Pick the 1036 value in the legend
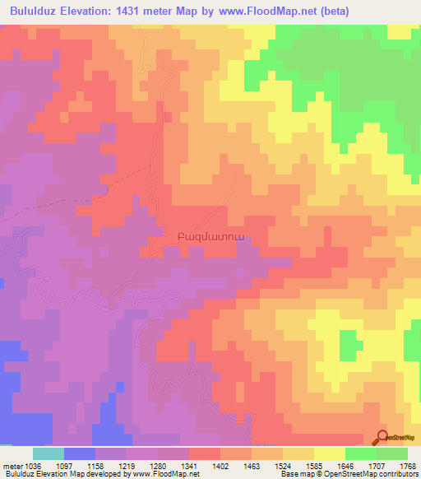(34, 465)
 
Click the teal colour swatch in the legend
(48, 453)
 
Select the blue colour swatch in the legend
(79, 453)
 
